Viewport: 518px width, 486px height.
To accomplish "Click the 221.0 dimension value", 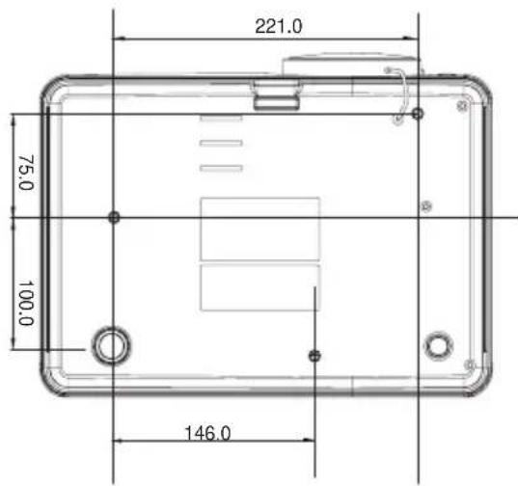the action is [279, 26].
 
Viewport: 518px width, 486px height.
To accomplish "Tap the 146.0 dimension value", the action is [207, 433].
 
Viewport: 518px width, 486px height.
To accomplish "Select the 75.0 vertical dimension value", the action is [26, 173].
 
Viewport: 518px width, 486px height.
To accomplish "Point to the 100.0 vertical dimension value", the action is [26, 304].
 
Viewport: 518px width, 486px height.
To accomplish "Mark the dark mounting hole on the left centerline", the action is [114, 217].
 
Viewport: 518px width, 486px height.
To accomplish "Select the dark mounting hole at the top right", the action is [418, 114].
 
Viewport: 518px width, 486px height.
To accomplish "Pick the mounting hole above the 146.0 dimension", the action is [314, 356].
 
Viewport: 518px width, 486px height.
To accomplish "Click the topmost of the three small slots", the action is [221, 118].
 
